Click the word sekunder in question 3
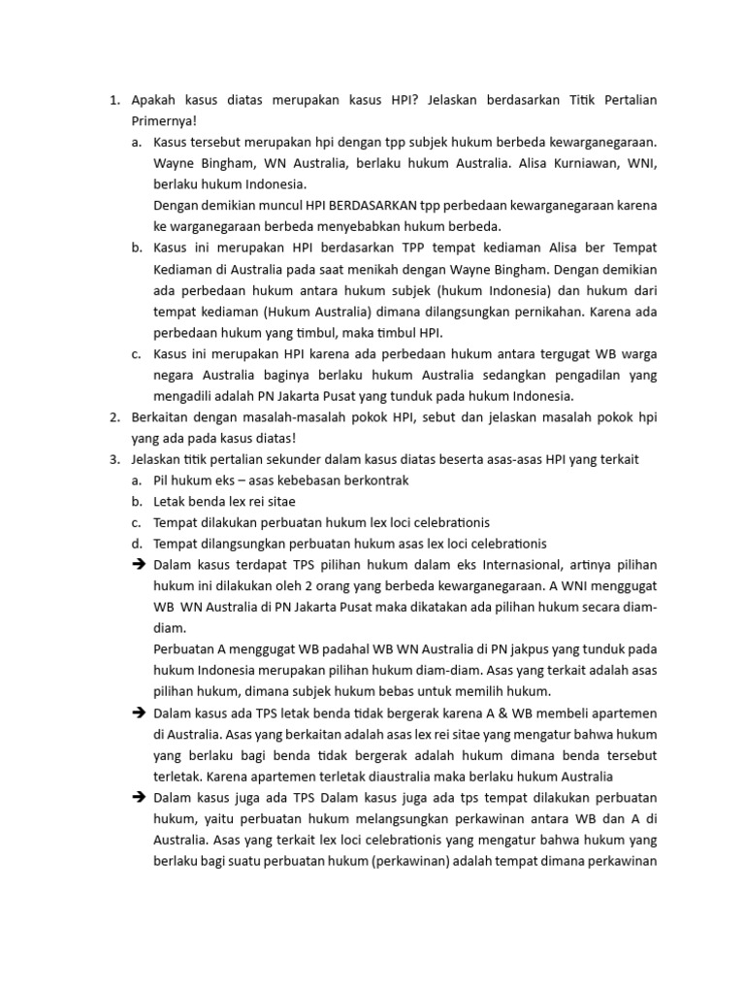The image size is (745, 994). point(283,459)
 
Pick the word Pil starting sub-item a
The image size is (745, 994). point(162,480)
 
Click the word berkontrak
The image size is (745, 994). point(376,480)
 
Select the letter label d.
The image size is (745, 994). point(137,544)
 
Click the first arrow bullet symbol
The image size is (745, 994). point(137,565)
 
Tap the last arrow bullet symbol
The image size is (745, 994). point(137,798)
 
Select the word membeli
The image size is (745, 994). point(567,713)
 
